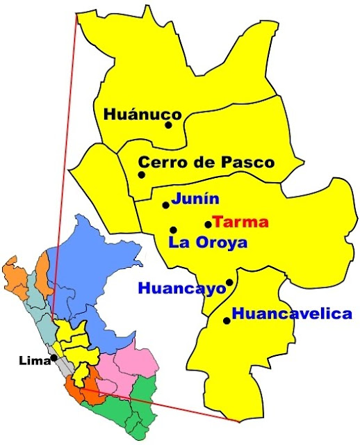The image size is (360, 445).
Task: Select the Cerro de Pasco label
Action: point(206,163)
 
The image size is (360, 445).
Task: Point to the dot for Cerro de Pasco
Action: point(142,175)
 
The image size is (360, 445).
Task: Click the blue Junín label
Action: point(195,198)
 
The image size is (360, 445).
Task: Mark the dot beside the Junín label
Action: point(165,205)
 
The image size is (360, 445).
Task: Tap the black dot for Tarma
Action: point(208,224)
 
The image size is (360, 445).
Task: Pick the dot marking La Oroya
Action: point(173,229)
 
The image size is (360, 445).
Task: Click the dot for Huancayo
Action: point(229,282)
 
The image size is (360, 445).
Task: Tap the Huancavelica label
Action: point(292,314)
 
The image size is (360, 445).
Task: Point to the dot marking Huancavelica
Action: point(227,321)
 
